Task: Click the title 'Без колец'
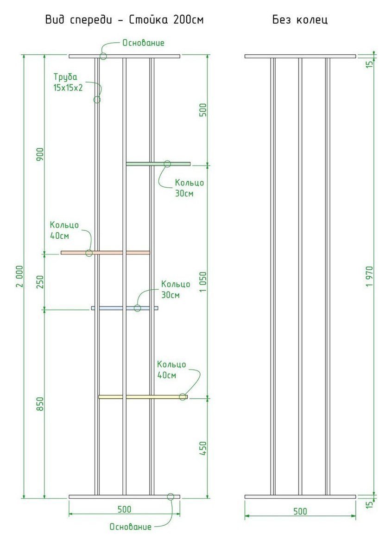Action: [300, 19]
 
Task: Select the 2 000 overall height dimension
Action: [20, 276]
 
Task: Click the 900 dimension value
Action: [40, 154]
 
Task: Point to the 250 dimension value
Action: [40, 282]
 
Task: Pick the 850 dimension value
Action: [40, 404]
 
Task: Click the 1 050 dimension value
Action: [203, 282]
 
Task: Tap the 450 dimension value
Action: [203, 448]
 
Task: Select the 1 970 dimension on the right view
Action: [370, 277]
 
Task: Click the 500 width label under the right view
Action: [300, 511]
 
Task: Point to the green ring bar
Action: [158, 164]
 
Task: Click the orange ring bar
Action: [105, 253]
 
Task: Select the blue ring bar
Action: [125, 308]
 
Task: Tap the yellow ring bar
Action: [143, 397]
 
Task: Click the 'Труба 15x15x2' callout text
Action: [68, 83]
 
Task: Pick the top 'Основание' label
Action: [143, 43]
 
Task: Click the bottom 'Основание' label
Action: [130, 527]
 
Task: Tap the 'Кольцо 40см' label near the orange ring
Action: [64, 230]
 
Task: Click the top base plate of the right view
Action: [300, 56]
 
